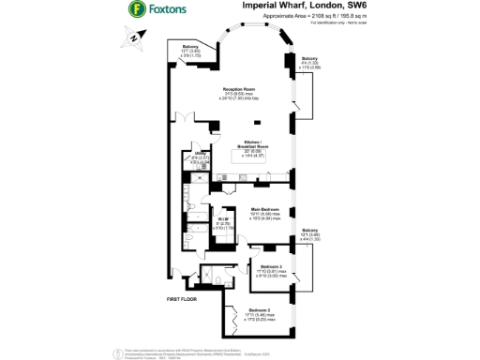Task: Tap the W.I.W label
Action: pyautogui.click(x=220, y=220)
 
